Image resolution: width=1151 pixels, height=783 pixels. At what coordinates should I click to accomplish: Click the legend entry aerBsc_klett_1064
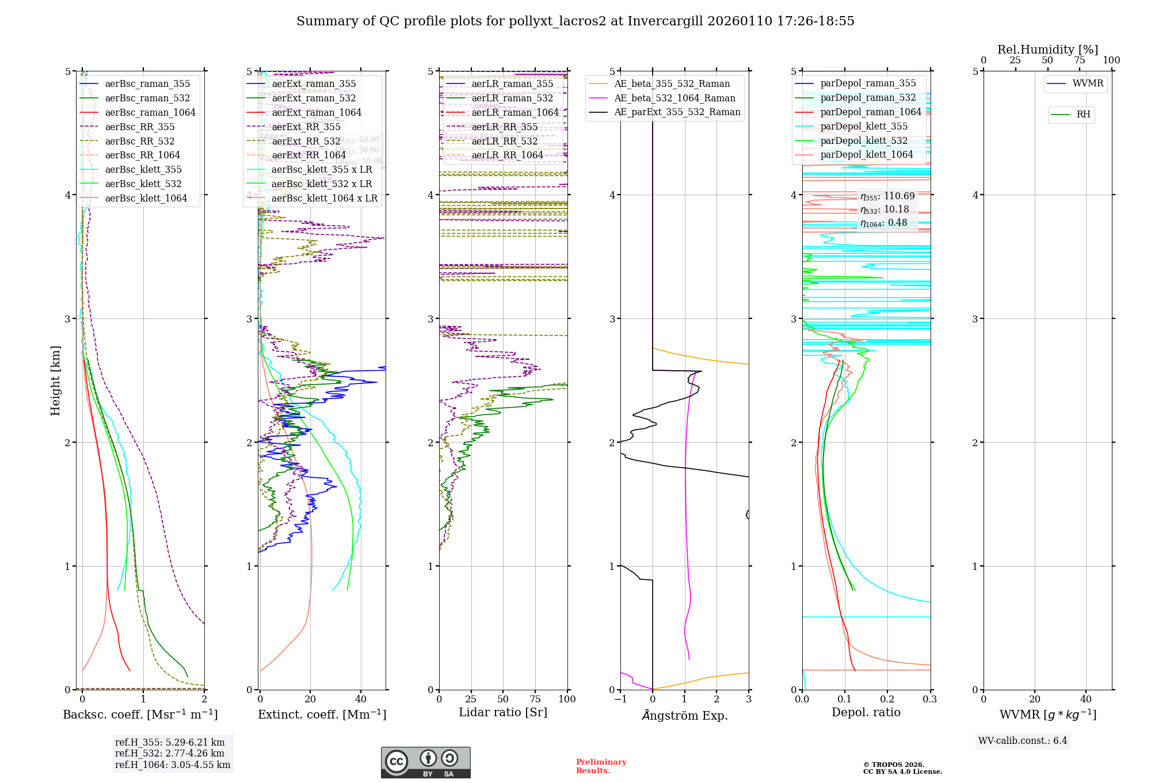(x=146, y=198)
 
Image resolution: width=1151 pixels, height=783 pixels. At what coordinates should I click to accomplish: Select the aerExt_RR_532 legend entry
(x=306, y=141)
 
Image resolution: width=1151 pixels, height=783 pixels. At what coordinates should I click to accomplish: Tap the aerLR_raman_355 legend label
(x=512, y=84)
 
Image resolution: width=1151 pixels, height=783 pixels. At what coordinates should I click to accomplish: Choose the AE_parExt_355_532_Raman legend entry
(x=677, y=112)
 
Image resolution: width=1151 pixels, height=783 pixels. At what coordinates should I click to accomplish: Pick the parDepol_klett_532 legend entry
(x=863, y=140)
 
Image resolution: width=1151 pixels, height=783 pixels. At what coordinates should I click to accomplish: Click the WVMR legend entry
(x=1088, y=83)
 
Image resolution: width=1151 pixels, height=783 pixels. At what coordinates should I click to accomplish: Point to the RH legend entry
(x=1083, y=115)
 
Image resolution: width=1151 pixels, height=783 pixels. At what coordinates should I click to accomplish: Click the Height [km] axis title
(x=55, y=381)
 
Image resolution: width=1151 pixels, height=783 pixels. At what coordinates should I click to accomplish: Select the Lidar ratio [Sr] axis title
(x=503, y=712)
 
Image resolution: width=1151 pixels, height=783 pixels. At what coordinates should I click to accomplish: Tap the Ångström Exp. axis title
(x=685, y=715)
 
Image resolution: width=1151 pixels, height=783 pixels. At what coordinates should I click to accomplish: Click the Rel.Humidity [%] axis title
(x=1047, y=50)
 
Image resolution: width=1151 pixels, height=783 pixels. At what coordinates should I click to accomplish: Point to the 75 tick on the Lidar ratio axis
(x=535, y=700)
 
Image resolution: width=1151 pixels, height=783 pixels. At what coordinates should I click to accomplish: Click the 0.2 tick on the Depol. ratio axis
(x=887, y=700)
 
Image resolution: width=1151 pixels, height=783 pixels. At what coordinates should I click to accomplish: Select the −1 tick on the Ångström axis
(x=620, y=700)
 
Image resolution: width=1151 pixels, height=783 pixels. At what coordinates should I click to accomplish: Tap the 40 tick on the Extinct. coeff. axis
(x=361, y=700)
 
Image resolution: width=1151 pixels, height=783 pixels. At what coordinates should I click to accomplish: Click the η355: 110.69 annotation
(x=887, y=196)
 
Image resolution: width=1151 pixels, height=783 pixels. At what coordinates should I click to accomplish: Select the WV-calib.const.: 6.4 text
(x=1023, y=740)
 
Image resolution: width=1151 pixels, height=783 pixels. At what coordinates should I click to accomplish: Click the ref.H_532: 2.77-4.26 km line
(x=170, y=753)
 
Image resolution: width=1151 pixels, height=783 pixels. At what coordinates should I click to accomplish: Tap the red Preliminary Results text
(x=601, y=766)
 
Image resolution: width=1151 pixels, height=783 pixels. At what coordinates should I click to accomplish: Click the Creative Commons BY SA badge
(x=425, y=762)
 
